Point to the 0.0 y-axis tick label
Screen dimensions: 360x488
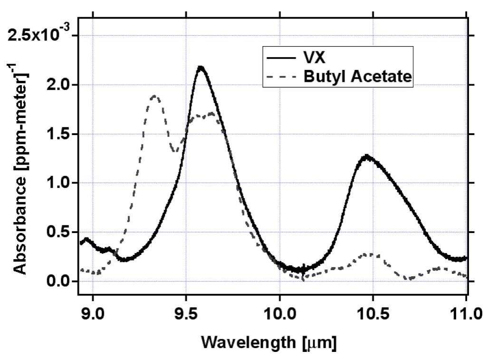click(x=60, y=282)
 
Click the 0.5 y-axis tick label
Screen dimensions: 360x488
click(x=60, y=233)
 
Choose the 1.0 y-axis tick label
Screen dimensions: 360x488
click(x=60, y=183)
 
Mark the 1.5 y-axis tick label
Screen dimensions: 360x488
click(x=60, y=134)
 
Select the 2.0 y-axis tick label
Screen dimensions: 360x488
click(x=60, y=85)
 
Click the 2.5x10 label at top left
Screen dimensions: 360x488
click(x=38, y=35)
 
